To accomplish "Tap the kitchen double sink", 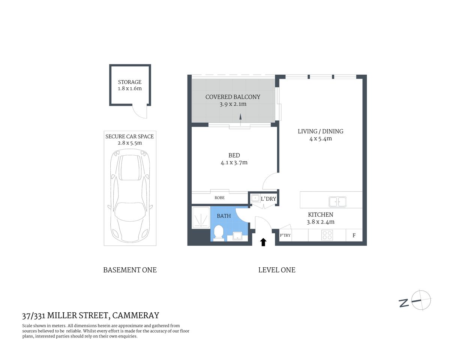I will pyautogui.click(x=337, y=202).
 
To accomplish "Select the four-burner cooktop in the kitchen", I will pyautogui.click(x=327, y=235).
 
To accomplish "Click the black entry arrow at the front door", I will pyautogui.click(x=263, y=242).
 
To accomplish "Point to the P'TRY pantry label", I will pyautogui.click(x=285, y=235).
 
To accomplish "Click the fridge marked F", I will pyautogui.click(x=354, y=235).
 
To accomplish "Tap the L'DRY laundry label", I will pyautogui.click(x=268, y=199).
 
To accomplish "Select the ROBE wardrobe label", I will pyautogui.click(x=219, y=198).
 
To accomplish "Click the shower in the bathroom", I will pyautogui.click(x=201, y=217).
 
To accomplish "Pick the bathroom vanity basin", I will pyautogui.click(x=237, y=236).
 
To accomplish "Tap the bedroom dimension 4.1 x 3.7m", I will pyautogui.click(x=234, y=163).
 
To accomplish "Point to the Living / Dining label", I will pyautogui.click(x=320, y=131).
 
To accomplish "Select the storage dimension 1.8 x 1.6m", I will pyautogui.click(x=130, y=88).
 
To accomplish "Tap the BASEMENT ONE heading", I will pyautogui.click(x=130, y=270).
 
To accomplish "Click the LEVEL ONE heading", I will pyautogui.click(x=277, y=270).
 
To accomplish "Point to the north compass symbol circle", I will pyautogui.click(x=421, y=300).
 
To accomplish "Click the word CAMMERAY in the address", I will pyautogui.click(x=136, y=315).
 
